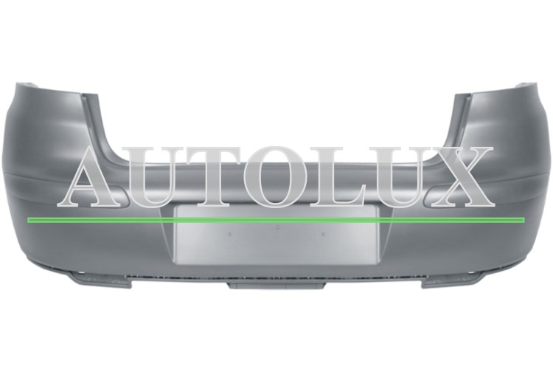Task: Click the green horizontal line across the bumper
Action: click(276, 220)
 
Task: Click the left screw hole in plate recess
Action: click(229, 233)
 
